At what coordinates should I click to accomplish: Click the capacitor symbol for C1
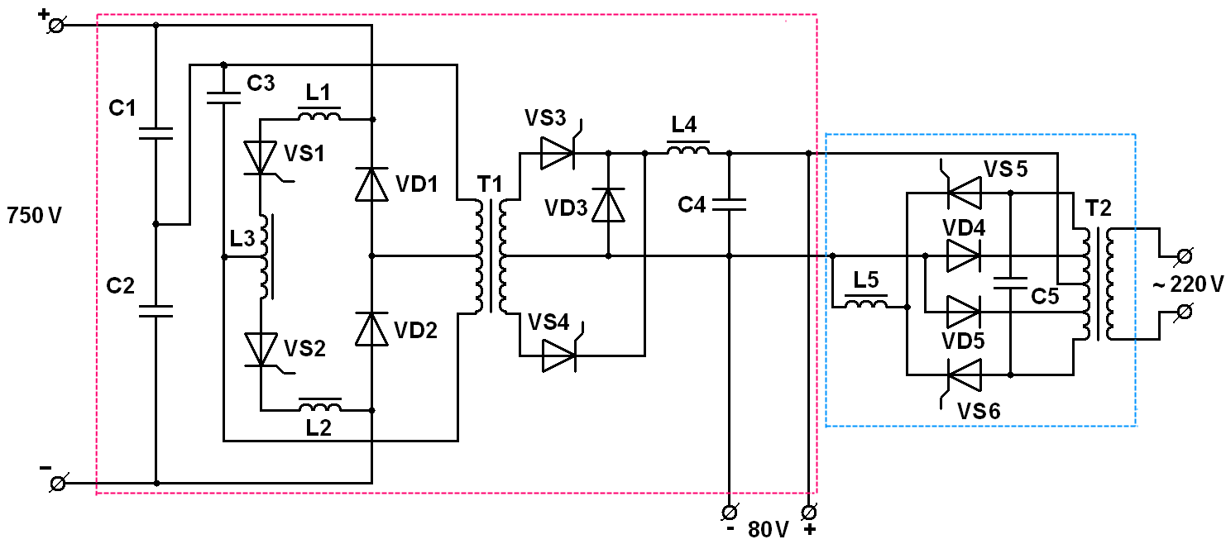click(x=156, y=133)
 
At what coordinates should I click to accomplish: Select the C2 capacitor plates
click(x=156, y=311)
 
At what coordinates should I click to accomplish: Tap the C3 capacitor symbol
click(x=223, y=98)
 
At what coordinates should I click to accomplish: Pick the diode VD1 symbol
click(x=371, y=184)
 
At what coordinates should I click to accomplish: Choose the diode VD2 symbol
click(x=371, y=329)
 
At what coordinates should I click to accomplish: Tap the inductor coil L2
click(x=320, y=405)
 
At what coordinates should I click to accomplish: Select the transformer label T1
click(x=489, y=184)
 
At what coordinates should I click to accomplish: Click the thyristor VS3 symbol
click(x=558, y=149)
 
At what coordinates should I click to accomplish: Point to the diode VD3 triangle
click(x=608, y=205)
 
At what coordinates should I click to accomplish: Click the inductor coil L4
click(x=688, y=148)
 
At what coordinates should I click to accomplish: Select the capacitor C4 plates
click(x=729, y=204)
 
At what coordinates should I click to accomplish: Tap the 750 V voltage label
click(x=34, y=216)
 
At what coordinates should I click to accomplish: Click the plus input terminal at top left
click(x=55, y=25)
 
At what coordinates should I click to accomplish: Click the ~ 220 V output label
click(x=1188, y=284)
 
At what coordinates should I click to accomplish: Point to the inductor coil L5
click(x=866, y=302)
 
